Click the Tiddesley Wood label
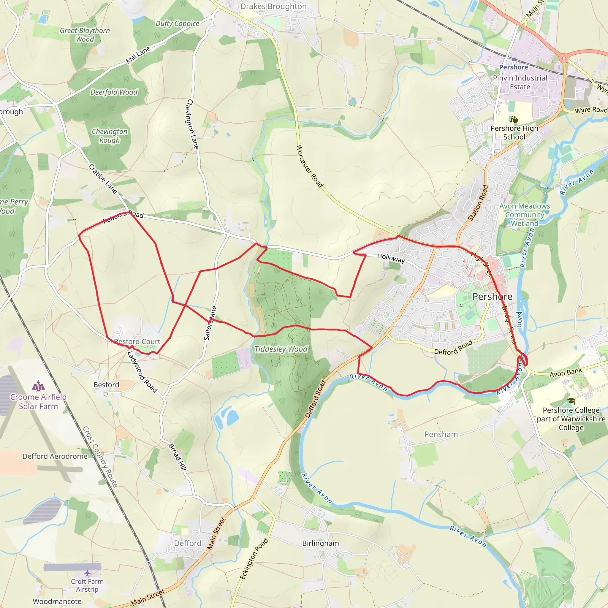tap(281, 349)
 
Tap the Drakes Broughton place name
tap(273, 7)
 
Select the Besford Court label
tap(137, 341)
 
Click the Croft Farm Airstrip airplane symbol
tap(87, 573)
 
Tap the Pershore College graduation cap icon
tap(571, 401)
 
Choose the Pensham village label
tap(441, 434)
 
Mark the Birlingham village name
tap(320, 543)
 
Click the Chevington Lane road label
tap(193, 124)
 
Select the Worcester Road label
tap(310, 166)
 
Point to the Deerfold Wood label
tap(114, 92)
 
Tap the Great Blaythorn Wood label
tap(85, 35)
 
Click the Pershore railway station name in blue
tap(514, 67)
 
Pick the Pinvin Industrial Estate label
tap(520, 82)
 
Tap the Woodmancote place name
tap(57, 601)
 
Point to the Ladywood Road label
tap(142, 372)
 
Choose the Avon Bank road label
tap(566, 373)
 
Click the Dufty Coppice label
tap(178, 24)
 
